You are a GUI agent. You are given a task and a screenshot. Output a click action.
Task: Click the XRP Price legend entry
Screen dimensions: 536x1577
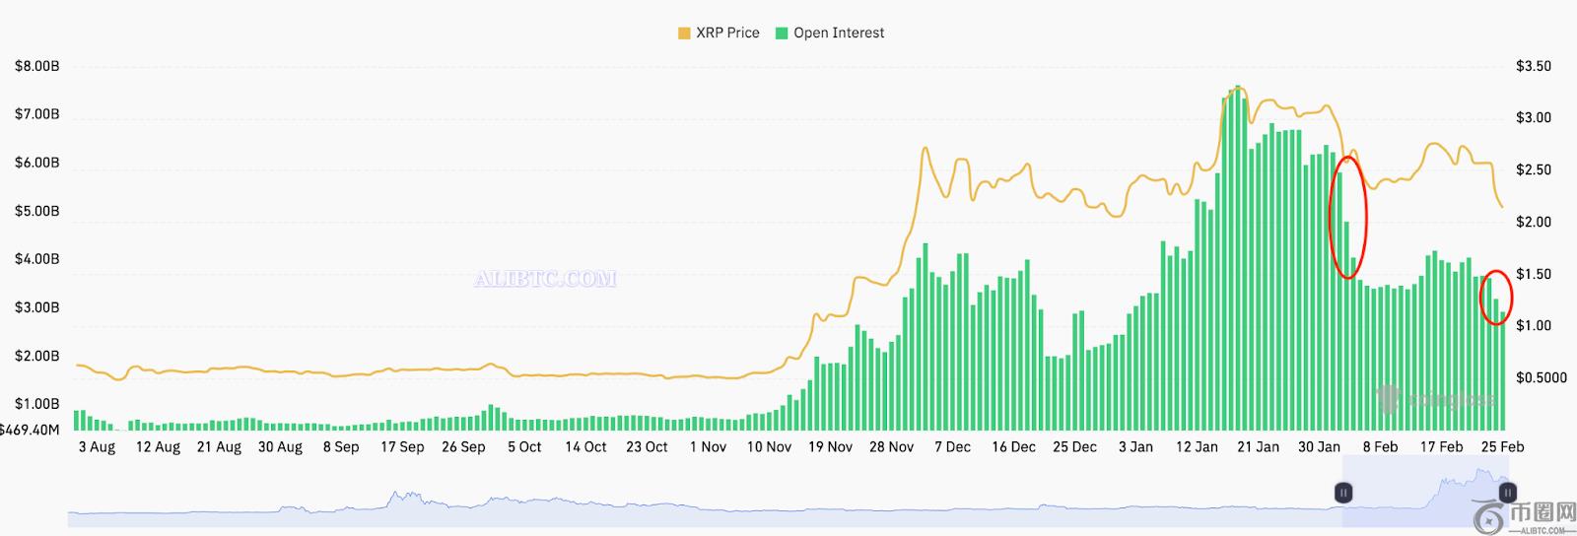[719, 33]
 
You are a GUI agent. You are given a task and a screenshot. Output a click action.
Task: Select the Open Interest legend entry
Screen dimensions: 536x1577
[830, 33]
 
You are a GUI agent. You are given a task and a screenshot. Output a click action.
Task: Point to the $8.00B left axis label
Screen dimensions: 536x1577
[36, 67]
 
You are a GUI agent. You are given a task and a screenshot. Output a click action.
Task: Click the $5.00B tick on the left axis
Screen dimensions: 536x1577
[36, 212]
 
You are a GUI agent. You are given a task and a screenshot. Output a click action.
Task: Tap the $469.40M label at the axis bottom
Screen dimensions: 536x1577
[30, 430]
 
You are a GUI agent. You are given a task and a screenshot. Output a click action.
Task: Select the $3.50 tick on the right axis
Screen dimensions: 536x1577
[1533, 67]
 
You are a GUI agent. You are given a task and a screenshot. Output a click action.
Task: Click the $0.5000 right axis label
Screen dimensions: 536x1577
[1541, 378]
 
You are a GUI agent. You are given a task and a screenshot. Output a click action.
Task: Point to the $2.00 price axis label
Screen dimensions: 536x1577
[1533, 223]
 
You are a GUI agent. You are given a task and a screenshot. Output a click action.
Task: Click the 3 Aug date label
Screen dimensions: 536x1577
[97, 447]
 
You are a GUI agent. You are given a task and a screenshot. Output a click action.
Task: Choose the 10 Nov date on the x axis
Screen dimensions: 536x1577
[769, 447]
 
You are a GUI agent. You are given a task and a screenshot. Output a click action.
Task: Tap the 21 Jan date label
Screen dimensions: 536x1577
[1258, 447]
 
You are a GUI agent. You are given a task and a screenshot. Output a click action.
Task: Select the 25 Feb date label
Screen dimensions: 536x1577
[1502, 447]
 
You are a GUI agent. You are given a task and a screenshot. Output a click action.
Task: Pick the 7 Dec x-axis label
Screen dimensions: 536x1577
[952, 447]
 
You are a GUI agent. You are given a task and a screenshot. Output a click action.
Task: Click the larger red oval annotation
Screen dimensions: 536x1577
[1347, 216]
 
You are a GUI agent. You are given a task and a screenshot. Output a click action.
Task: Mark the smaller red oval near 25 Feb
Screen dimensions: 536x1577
[1496, 297]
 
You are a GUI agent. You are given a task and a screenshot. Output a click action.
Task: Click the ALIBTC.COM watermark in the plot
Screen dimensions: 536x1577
[545, 279]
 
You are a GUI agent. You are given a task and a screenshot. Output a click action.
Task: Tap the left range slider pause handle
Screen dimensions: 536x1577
[1343, 492]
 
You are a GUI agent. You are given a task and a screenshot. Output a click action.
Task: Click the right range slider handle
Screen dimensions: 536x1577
[1507, 492]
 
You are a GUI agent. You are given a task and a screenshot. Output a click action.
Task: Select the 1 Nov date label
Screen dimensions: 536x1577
[708, 447]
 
